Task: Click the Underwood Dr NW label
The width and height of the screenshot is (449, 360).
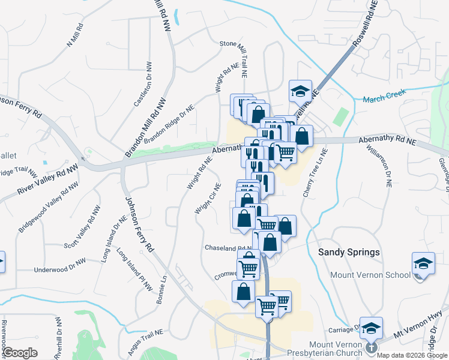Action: point(60,269)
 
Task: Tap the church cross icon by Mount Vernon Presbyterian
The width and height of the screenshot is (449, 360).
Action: point(371,347)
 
